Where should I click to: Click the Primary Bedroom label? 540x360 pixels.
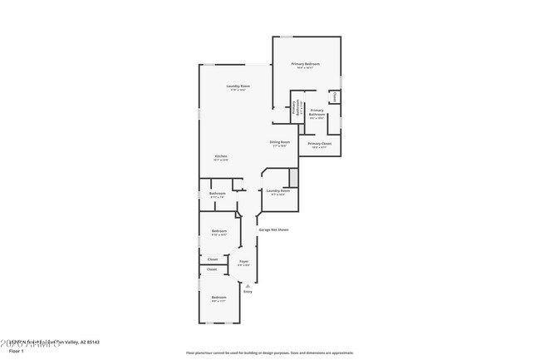point(305,65)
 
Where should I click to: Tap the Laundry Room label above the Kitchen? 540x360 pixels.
point(238,86)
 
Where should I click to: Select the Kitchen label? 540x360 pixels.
point(221,156)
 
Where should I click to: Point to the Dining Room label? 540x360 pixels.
point(279,142)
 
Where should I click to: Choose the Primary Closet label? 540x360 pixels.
point(320,144)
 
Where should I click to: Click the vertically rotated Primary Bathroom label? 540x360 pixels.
point(293,109)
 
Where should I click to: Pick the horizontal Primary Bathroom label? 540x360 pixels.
point(317,112)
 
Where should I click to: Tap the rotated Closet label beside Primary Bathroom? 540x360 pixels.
point(335,96)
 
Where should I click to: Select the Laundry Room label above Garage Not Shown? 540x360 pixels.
point(277,191)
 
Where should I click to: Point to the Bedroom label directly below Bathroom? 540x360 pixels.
point(219,231)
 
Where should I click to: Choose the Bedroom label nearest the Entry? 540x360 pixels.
point(218,298)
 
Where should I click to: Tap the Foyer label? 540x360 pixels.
point(243,262)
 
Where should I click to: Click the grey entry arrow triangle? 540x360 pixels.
point(247,285)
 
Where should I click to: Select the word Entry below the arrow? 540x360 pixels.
point(247,292)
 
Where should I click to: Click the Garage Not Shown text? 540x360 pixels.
point(273,229)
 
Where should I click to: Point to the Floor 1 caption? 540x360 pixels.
point(16,352)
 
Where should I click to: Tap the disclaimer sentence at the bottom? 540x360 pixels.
point(269,353)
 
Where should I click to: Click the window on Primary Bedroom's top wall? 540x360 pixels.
point(286,37)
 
